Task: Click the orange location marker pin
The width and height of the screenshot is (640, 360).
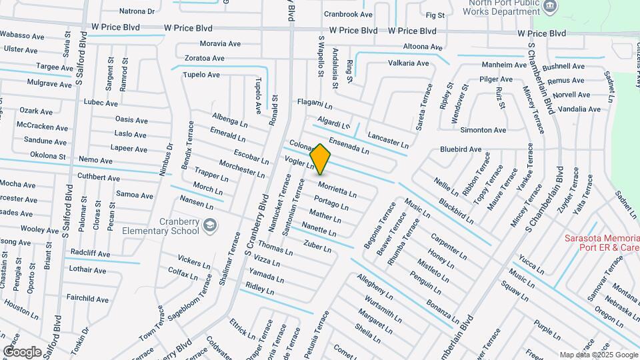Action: (321, 159)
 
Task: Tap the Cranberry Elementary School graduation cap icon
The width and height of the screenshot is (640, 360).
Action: (211, 225)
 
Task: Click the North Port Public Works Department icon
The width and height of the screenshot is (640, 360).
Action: (549, 7)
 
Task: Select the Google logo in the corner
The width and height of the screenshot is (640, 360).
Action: (22, 351)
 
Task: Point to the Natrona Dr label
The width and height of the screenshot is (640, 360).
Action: (137, 11)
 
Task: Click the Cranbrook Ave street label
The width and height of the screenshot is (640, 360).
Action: (348, 14)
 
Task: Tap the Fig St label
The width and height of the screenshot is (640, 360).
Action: (435, 15)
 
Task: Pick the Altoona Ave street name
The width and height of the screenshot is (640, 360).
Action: (423, 47)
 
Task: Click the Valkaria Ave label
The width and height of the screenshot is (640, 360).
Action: (409, 63)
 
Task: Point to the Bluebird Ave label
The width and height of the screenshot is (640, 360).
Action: (461, 149)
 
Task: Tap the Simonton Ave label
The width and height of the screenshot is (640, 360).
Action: (483, 130)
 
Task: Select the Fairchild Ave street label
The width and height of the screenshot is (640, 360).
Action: (87, 299)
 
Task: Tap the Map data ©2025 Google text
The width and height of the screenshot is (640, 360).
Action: (598, 355)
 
